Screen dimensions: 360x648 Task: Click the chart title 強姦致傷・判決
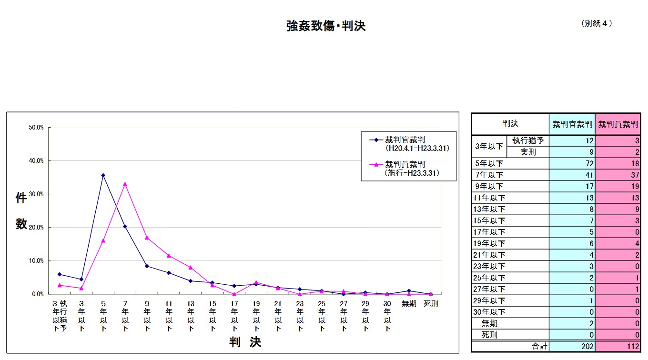(x=325, y=26)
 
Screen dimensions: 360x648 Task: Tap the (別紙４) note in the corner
(x=596, y=23)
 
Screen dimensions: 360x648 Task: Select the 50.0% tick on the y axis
(x=37, y=128)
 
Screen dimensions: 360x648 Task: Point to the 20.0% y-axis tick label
(x=37, y=228)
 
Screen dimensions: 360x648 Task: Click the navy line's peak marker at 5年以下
(x=103, y=175)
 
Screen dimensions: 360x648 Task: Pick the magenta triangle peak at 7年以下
(x=125, y=184)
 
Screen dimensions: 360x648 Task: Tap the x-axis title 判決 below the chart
(x=245, y=342)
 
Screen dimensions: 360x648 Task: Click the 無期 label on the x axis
(x=409, y=303)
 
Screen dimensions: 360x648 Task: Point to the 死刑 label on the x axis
(x=431, y=303)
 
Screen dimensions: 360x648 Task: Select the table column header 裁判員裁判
(x=618, y=124)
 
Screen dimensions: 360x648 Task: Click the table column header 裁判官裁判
(x=572, y=124)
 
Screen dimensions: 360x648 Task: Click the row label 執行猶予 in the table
(x=528, y=141)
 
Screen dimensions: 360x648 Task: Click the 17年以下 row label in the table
(x=489, y=232)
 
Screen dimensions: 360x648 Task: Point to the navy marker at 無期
(x=409, y=290)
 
